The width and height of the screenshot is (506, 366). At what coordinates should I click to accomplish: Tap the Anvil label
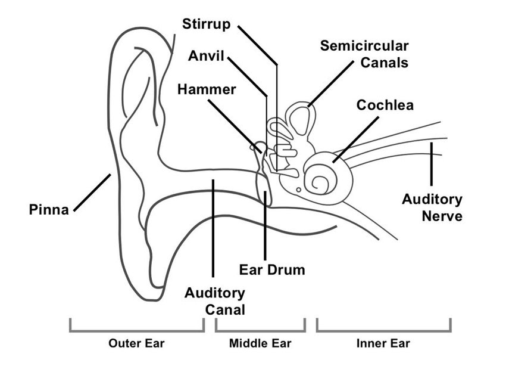coord(207,57)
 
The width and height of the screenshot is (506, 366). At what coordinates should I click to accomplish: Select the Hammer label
coord(207,89)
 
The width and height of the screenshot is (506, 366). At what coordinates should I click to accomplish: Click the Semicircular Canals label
coord(364,54)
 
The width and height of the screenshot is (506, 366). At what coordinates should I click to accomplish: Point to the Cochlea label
coord(385,105)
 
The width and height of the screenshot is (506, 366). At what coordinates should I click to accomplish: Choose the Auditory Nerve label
coord(432,207)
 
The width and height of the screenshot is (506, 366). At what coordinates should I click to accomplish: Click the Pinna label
coord(49,209)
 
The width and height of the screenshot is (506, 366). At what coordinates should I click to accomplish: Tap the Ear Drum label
coord(271,269)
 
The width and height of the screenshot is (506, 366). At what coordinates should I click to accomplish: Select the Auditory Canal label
coord(214,301)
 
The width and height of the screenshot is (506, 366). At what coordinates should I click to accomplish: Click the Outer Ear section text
coord(136,343)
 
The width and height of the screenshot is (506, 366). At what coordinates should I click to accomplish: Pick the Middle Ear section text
coord(260,343)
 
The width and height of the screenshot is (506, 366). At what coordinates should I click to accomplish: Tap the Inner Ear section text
coord(383,343)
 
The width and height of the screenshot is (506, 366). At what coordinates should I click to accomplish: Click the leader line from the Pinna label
coord(91,192)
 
